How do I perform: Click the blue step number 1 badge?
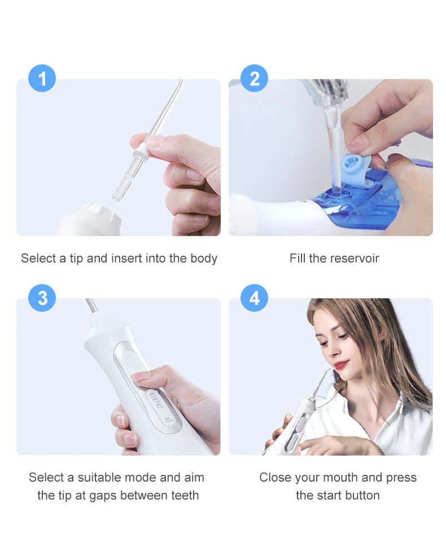[x=42, y=78]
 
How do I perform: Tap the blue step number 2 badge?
[x=254, y=78]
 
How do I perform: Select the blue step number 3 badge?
[x=42, y=298]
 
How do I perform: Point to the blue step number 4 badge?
[x=254, y=298]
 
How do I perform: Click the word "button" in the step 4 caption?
[x=360, y=496]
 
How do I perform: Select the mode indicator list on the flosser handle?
[x=156, y=402]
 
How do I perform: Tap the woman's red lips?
[x=340, y=365]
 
